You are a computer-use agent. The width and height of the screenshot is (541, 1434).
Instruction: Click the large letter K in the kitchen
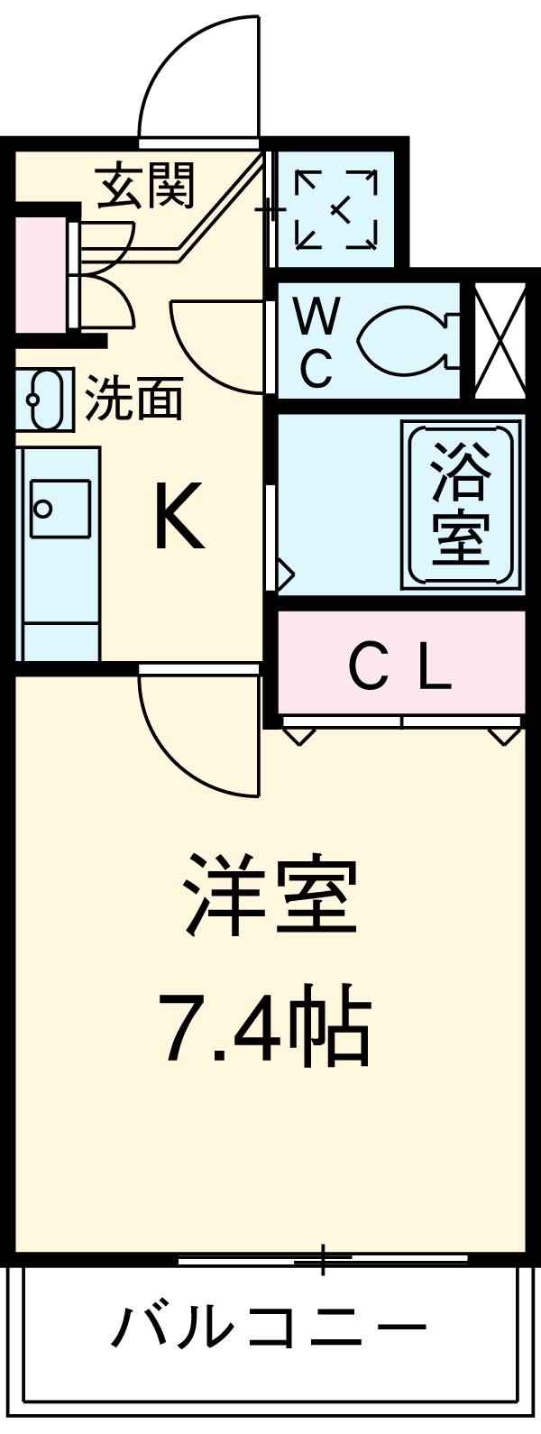[x=180, y=515]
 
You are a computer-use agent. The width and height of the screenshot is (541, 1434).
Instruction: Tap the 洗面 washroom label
[x=134, y=398]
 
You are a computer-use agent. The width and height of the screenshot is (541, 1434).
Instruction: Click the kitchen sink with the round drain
[x=60, y=509]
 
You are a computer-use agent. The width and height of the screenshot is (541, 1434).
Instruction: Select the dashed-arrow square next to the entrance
[x=335, y=208]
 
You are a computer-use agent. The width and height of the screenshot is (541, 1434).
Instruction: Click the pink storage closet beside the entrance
[x=41, y=275]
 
